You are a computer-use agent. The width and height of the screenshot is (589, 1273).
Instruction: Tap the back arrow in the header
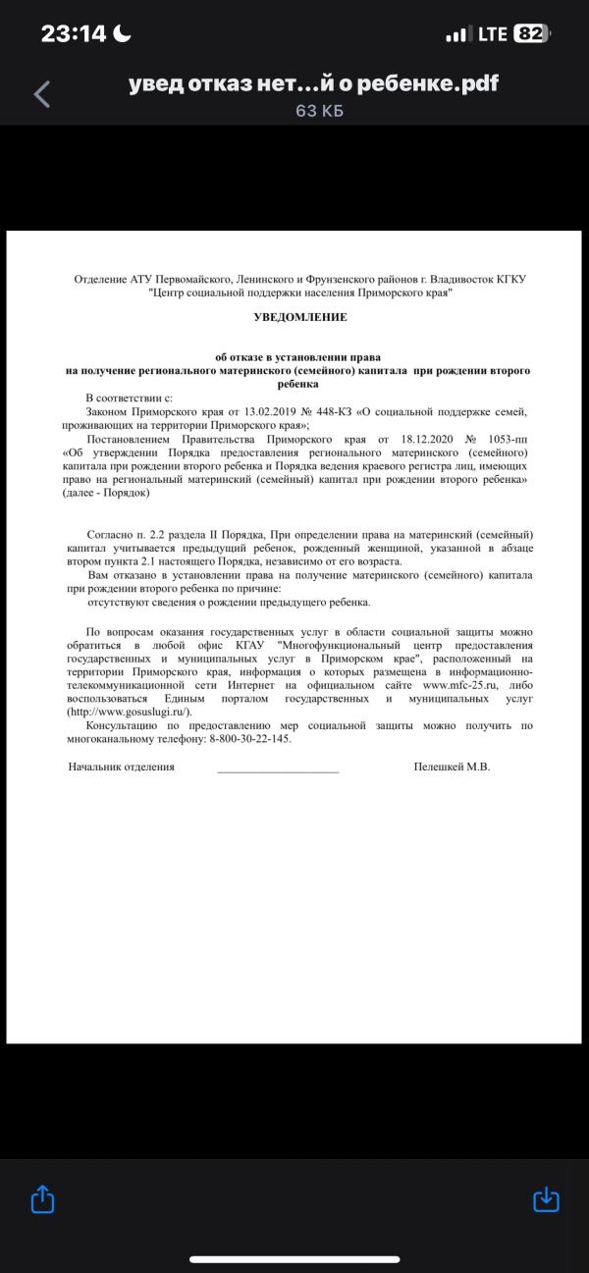point(41,94)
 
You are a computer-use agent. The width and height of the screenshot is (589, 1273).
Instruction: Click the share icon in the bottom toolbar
point(42,1198)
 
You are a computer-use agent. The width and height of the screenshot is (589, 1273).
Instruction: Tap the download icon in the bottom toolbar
point(545,1198)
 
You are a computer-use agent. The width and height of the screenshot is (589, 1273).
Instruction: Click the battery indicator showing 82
point(530,34)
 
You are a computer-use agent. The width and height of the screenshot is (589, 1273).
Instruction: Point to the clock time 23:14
point(74,34)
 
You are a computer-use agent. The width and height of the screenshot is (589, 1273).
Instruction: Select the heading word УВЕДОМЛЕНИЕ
point(300,318)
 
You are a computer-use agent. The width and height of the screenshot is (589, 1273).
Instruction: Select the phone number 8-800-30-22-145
point(250,738)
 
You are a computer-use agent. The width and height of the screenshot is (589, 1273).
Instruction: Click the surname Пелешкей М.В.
point(452,767)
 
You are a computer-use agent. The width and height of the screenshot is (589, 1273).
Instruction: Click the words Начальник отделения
point(121,767)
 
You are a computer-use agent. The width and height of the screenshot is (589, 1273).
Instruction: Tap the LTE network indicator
point(491,34)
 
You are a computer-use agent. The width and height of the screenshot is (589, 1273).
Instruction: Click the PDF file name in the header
point(313,84)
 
